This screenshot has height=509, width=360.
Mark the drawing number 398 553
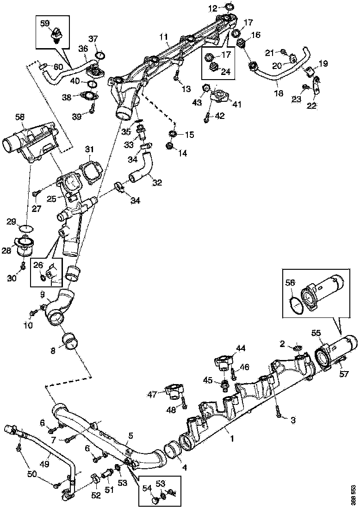[353, 494]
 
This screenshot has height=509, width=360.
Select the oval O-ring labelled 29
[27, 228]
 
